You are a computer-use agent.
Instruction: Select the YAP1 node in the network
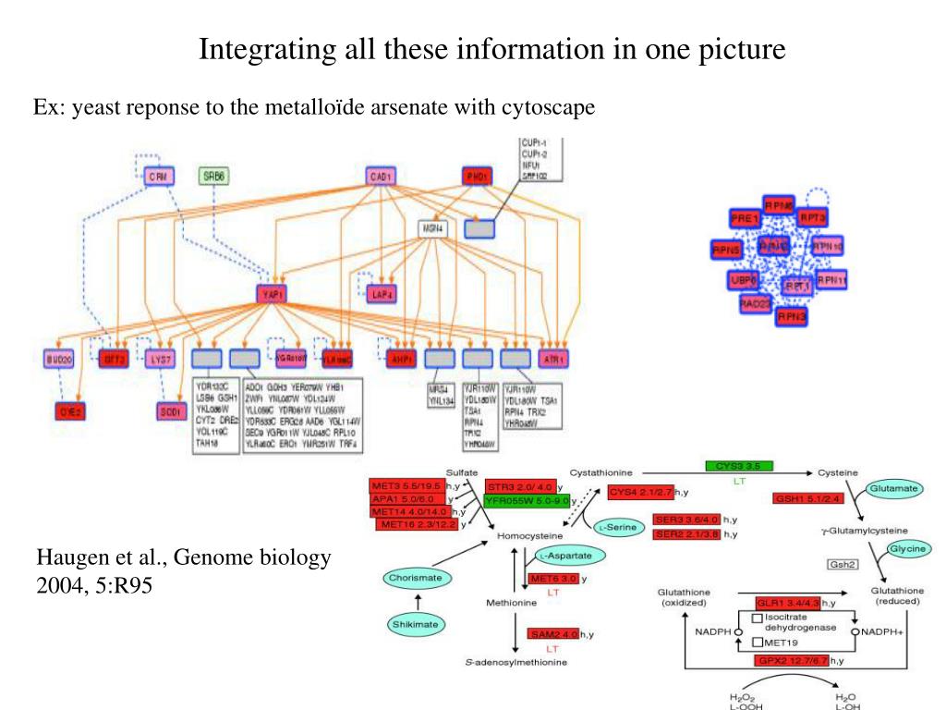[273, 293]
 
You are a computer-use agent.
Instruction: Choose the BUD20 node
[58, 358]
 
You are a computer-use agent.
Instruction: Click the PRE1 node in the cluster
[745, 219]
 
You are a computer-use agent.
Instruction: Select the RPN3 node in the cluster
[792, 316]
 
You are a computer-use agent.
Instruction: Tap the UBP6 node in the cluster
[744, 279]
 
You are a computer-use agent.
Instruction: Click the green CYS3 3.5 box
[739, 466]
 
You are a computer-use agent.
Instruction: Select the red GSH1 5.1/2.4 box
[808, 499]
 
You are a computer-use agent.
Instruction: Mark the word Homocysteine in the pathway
[530, 535]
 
